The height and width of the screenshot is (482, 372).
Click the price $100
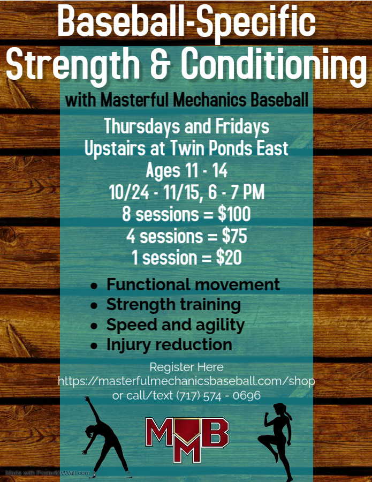coord(234,214)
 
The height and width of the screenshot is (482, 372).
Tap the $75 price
coord(234,236)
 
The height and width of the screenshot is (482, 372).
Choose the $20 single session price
coord(229,258)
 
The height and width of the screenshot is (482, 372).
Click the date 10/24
coord(129,192)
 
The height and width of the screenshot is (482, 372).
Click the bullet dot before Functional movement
coord(94,286)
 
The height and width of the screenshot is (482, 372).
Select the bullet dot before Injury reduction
coord(94,346)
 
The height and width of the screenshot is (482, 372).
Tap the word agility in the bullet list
coord(219,326)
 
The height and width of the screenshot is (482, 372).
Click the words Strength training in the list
coord(173,305)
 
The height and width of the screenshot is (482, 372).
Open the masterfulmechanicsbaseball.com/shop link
coord(186,381)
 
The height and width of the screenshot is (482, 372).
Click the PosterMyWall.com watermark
coord(48,473)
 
